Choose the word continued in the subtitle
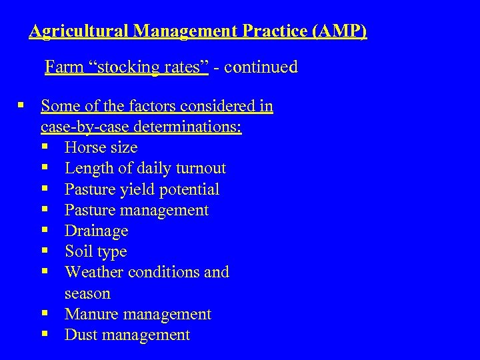pyautogui.click(x=261, y=67)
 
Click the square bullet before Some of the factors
pyautogui.click(x=22, y=105)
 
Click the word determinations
pyautogui.click(x=187, y=127)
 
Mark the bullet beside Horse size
pyautogui.click(x=44, y=147)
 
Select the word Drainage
pyautogui.click(x=96, y=231)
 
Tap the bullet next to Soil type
pyautogui.click(x=44, y=251)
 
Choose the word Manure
pyautogui.click(x=91, y=314)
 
